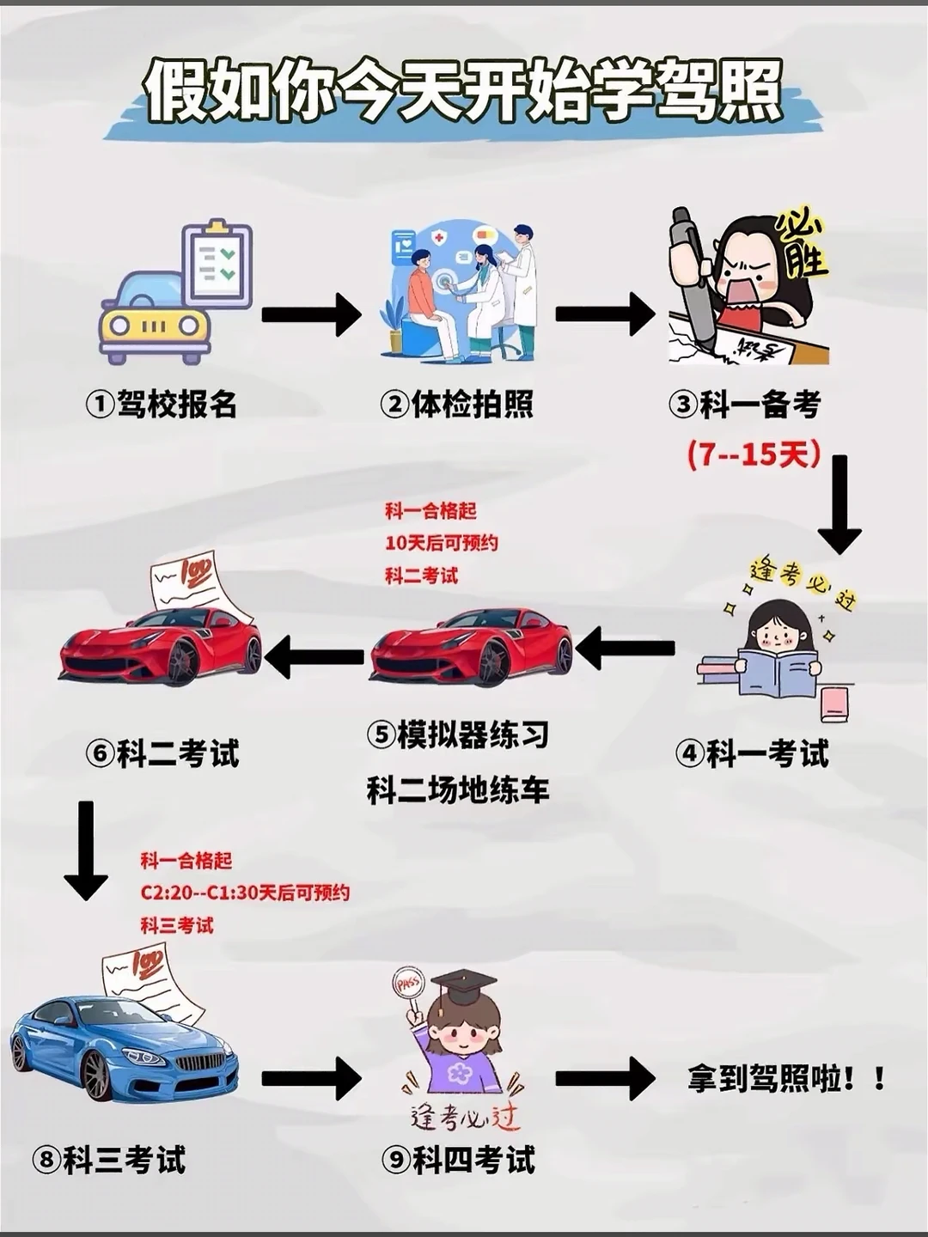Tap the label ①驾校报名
pos(162,404)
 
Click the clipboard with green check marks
pos(217,262)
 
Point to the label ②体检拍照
pos(457,404)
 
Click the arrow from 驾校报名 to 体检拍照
pos(311,314)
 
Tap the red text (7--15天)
pos(754,454)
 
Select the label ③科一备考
pos(745,404)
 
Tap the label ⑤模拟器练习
pos(458,735)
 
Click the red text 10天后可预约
pos(442,543)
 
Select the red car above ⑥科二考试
pos(162,644)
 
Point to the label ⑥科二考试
pos(162,754)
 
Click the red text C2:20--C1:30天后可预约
pos(245,893)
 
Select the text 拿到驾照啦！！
pos(786,1079)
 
